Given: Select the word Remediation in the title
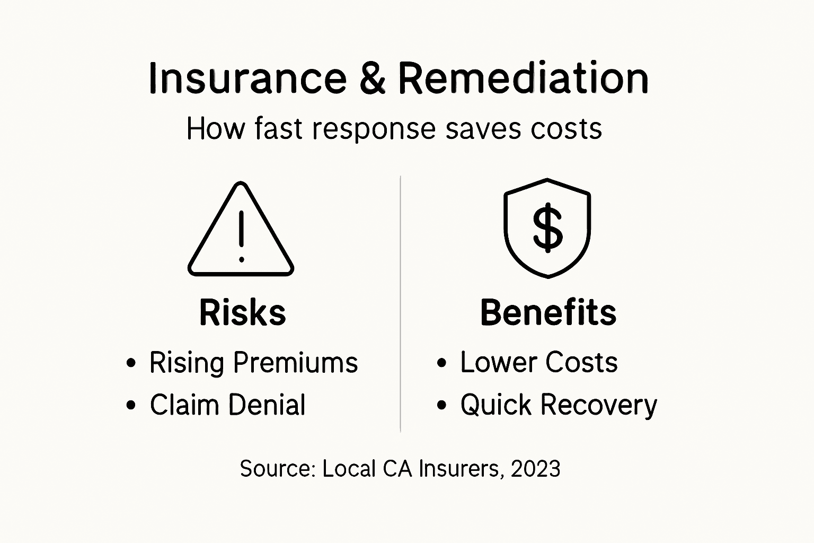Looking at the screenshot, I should (523, 78).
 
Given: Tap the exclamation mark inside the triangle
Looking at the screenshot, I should (241, 237).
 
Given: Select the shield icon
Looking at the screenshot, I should (547, 228).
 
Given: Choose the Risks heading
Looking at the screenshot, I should (242, 312).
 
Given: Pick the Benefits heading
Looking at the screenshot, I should (548, 312).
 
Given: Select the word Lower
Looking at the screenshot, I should (498, 363).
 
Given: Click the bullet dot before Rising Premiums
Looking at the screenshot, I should (131, 364).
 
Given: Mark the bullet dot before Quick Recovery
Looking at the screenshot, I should (441, 406).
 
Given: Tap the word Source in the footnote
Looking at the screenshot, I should (277, 469).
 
